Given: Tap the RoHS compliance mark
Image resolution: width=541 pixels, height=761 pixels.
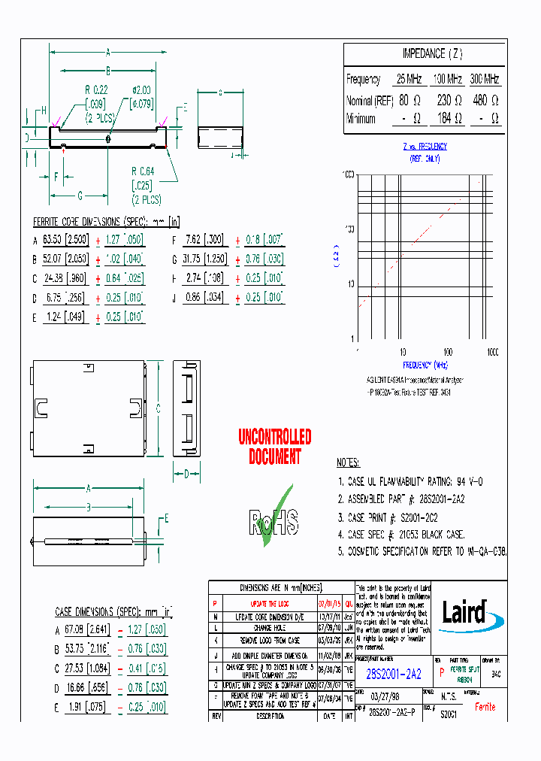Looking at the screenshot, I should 275,519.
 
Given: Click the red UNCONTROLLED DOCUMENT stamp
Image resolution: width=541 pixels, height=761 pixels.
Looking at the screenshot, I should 274,447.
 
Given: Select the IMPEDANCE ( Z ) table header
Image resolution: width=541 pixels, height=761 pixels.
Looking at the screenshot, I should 422,54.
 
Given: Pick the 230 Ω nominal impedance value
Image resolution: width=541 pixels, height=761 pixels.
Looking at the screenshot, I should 449,99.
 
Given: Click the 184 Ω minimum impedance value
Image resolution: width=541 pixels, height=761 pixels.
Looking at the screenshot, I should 449,118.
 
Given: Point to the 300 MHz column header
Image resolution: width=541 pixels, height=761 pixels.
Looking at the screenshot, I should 485,79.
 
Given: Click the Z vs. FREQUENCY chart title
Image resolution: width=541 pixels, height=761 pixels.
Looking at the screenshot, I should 425,147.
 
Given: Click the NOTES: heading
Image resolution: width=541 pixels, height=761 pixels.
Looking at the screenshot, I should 348,463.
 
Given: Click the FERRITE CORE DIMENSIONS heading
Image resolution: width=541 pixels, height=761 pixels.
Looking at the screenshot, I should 106,221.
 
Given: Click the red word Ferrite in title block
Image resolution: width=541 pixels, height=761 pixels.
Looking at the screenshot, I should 485,707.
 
